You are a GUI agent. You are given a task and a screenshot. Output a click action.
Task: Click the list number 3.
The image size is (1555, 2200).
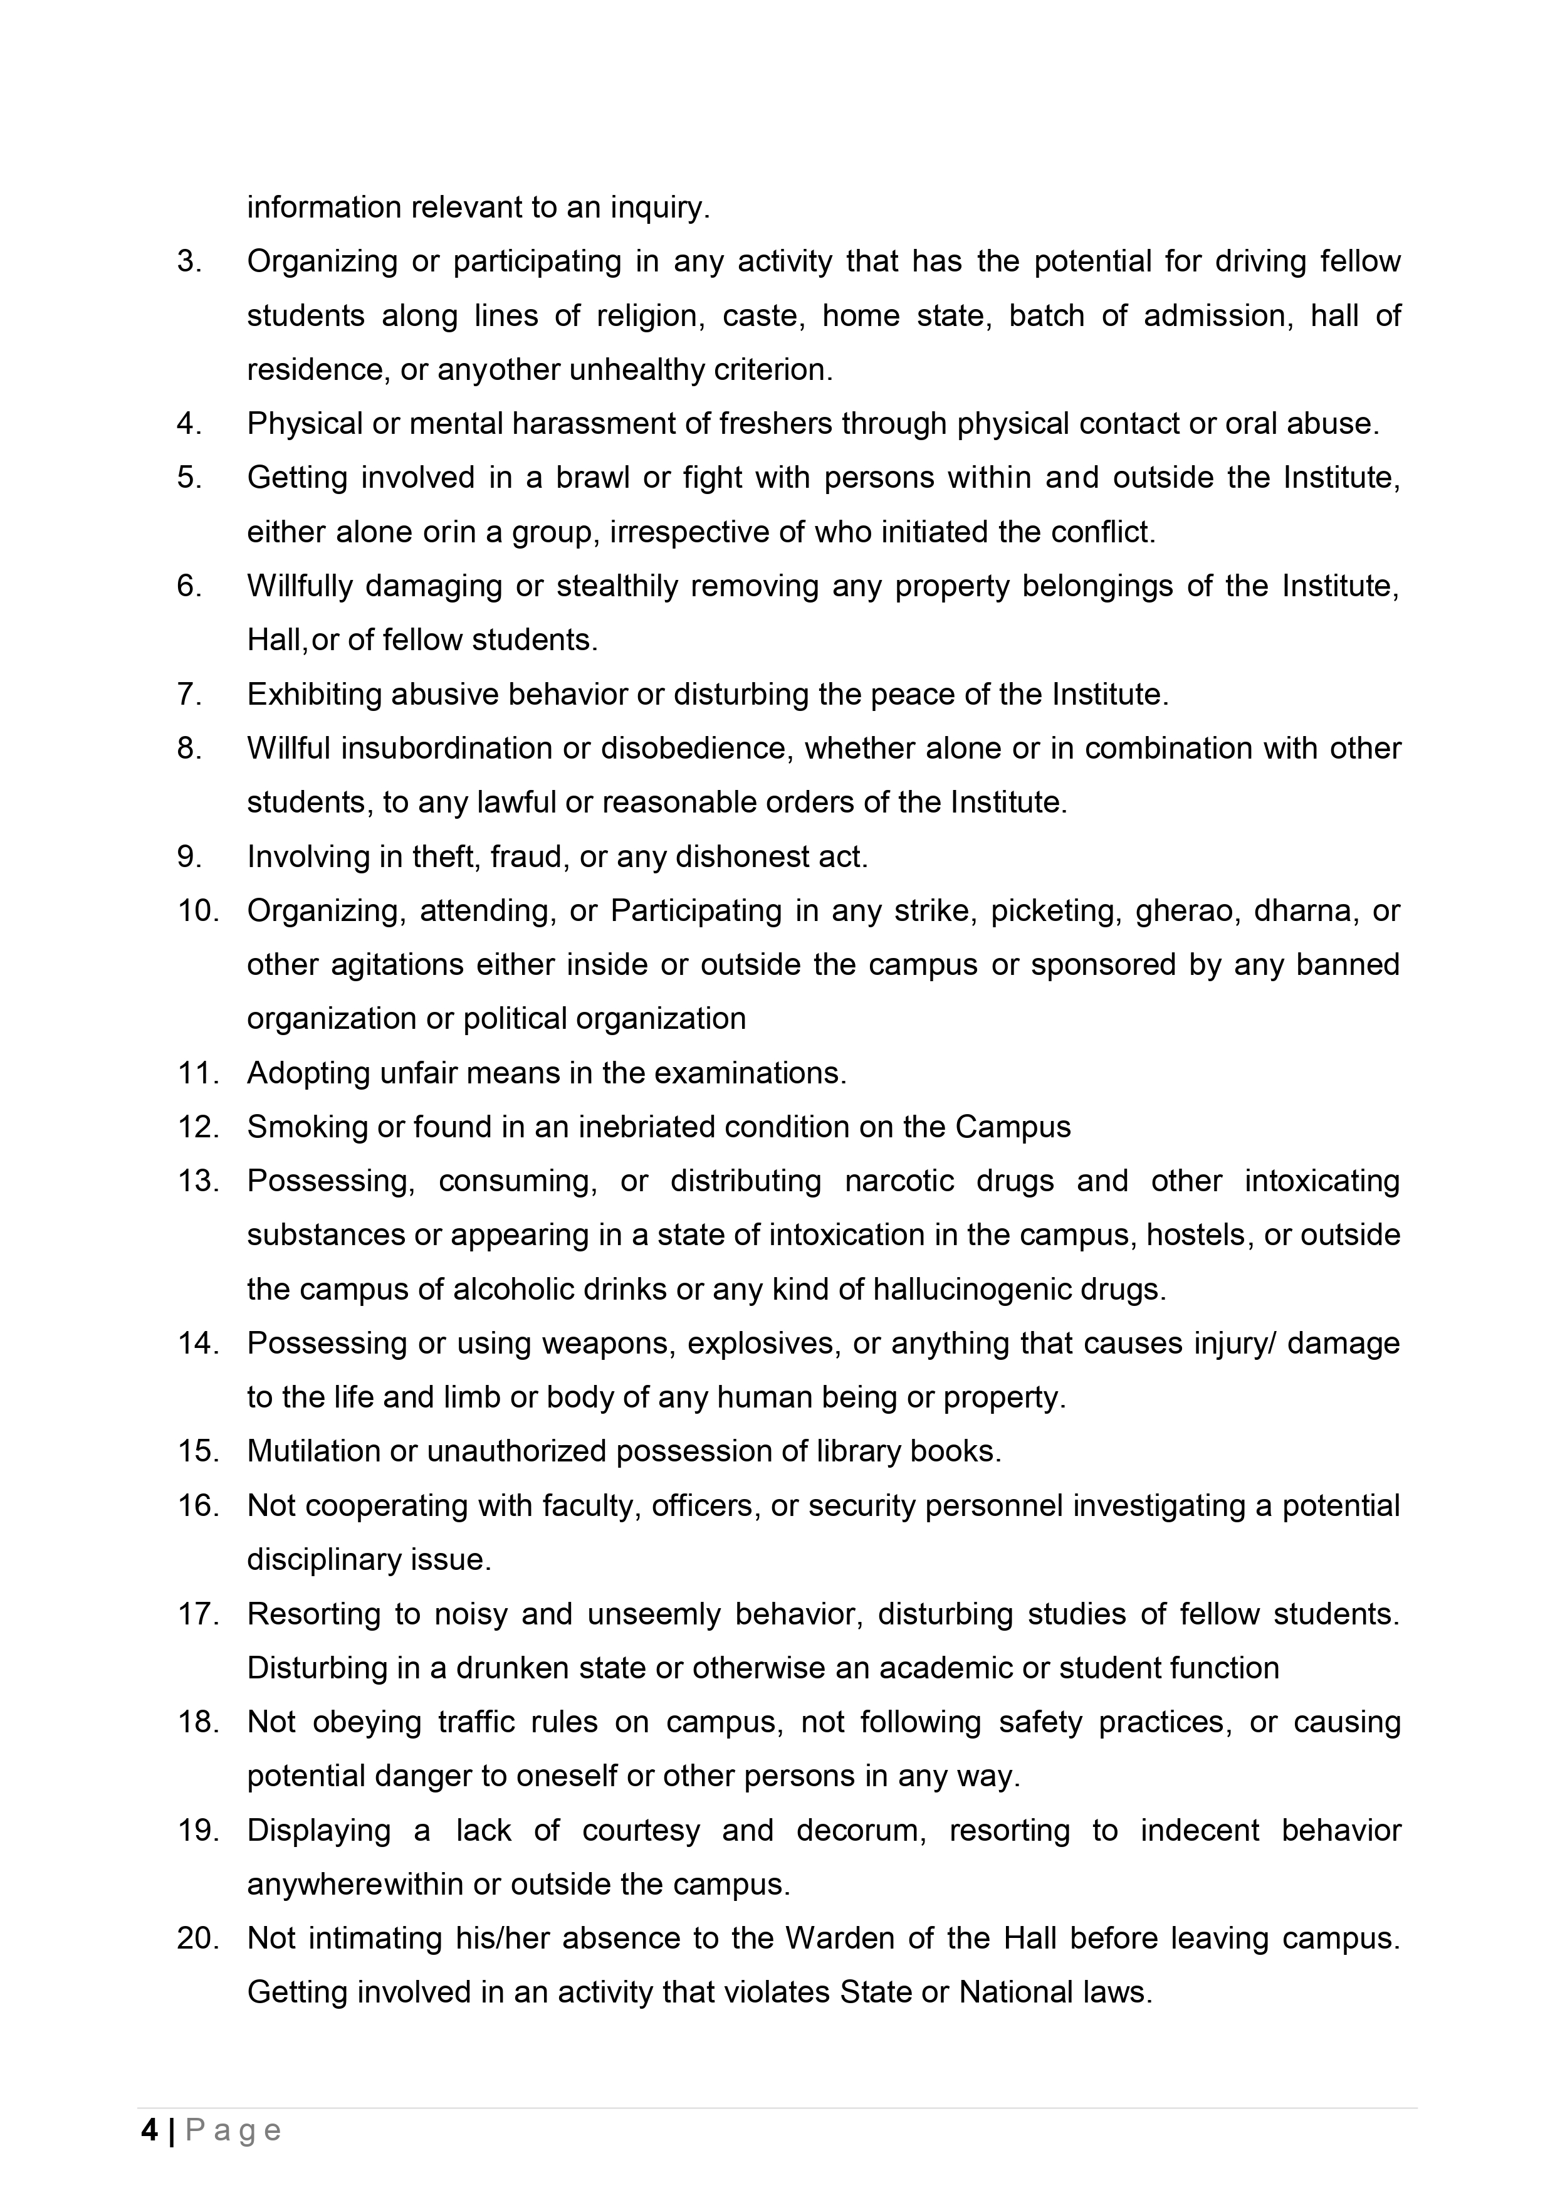[x=189, y=261]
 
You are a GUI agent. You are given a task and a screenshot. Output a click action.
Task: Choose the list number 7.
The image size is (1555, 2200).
[x=189, y=693]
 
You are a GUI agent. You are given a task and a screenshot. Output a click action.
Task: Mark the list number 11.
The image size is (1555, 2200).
[x=198, y=1073]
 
